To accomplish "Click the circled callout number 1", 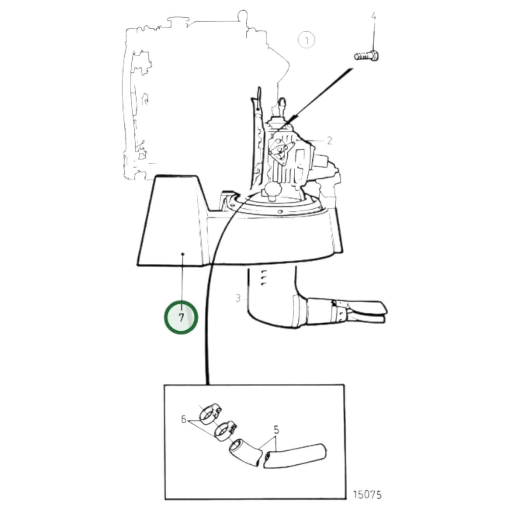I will [x=306, y=40].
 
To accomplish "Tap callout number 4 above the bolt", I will [x=374, y=16].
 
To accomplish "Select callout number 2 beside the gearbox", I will [x=329, y=140].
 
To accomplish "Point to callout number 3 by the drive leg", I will [x=238, y=298].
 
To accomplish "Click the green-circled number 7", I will [x=181, y=317].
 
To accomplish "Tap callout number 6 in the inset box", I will [x=184, y=420].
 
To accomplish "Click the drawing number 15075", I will [x=367, y=494].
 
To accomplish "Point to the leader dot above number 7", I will [x=182, y=254].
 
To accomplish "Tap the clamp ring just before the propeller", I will [x=340, y=311].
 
